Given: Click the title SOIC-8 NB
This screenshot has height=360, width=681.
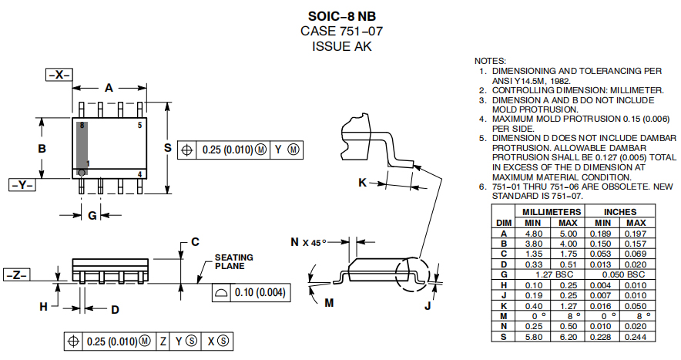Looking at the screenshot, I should coord(341,16).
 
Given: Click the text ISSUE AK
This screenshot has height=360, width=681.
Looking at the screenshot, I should coord(341,45).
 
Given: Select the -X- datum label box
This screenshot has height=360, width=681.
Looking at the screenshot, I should coord(59,75).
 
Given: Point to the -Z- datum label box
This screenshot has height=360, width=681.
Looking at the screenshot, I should coord(15,275).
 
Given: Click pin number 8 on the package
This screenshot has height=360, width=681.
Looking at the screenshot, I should coord(81,125).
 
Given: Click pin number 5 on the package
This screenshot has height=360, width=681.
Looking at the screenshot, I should coord(139,125).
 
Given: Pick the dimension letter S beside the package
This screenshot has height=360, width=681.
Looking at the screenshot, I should coord(166,148).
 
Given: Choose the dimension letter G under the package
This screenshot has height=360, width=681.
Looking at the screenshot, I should coord(92,216).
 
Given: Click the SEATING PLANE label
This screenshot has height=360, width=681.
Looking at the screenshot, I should coord(233,262).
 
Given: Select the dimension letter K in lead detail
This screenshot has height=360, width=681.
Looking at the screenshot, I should coord(362,183).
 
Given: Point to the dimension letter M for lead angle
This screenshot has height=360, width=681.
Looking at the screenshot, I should coord(329,303).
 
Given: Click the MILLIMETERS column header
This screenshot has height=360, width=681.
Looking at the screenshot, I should coord(552,211).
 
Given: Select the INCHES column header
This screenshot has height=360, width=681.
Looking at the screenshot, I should coord(620,211).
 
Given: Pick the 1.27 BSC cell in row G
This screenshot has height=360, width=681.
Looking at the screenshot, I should coord(552,274).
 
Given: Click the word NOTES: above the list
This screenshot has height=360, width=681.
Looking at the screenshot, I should coord(490,60).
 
